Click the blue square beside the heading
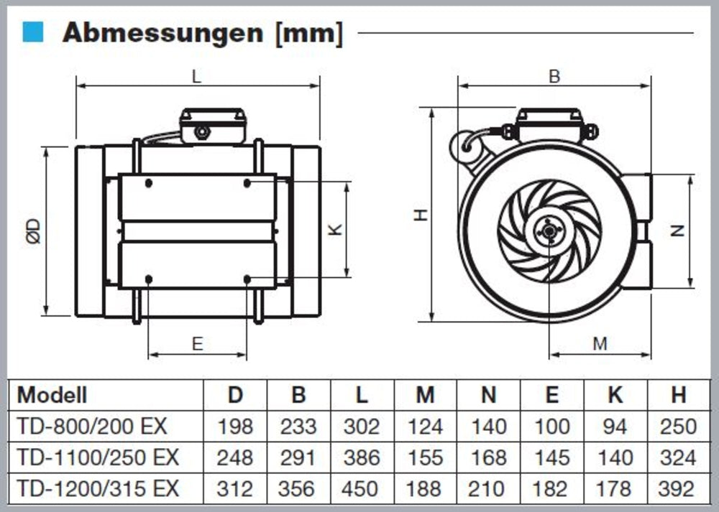[x=34, y=32]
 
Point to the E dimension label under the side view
[x=198, y=344]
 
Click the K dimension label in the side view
[x=335, y=230]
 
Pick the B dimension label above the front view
[x=554, y=76]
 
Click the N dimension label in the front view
[x=677, y=231]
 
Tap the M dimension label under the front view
[x=600, y=344]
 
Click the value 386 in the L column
[x=362, y=457]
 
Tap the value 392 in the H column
[x=678, y=489]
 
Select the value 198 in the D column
[x=235, y=426]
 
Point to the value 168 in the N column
[x=489, y=457]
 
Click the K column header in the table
[x=615, y=394]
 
